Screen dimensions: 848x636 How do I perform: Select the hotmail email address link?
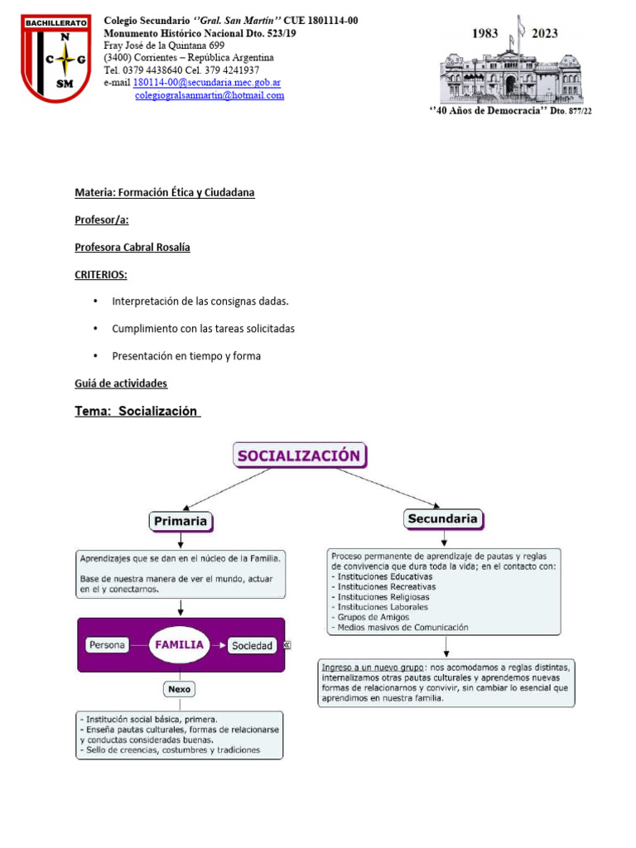pyautogui.click(x=210, y=95)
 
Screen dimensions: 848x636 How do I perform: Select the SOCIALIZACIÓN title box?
pyautogui.click(x=300, y=455)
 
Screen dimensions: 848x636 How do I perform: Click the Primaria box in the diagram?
pyautogui.click(x=180, y=521)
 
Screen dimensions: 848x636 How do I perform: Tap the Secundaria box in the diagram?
pyautogui.click(x=443, y=519)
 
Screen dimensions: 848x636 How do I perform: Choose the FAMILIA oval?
pyautogui.click(x=181, y=644)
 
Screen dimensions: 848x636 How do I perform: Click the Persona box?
pyautogui.click(x=107, y=645)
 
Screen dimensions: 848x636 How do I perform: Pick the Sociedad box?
pyautogui.click(x=252, y=646)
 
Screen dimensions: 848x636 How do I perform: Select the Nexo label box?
pyautogui.click(x=180, y=687)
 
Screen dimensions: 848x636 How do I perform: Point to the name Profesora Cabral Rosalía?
pyautogui.click(x=132, y=248)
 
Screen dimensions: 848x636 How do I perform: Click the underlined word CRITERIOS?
pyautogui.click(x=100, y=274)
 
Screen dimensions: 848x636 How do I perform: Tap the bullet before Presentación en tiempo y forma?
pyautogui.click(x=96, y=356)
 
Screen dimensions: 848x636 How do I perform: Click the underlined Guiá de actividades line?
pyautogui.click(x=121, y=383)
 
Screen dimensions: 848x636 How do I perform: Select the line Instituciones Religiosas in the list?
pyautogui.click(x=383, y=596)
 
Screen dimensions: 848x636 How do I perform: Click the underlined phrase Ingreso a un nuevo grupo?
pyautogui.click(x=372, y=667)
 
